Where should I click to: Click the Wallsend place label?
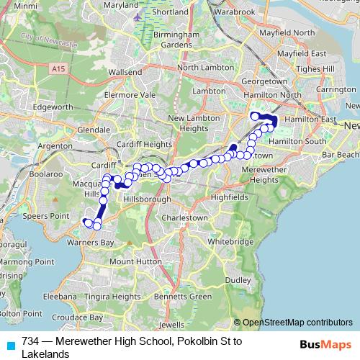125,73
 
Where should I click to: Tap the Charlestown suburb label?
184,216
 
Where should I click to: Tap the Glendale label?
93,129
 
